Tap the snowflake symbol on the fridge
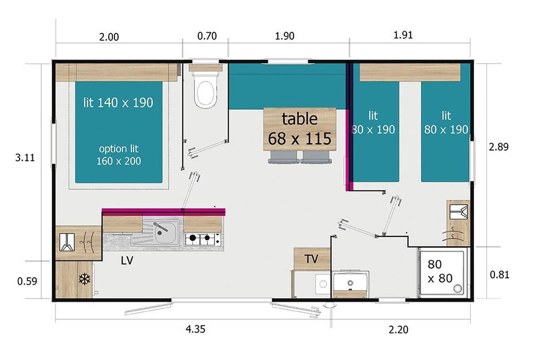85,279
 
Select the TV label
311,259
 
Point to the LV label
127,261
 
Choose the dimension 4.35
195,329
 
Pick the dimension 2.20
399,329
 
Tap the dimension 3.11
25,157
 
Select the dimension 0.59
27,281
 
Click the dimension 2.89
499,147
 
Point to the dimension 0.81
499,275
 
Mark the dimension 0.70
207,36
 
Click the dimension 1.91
403,35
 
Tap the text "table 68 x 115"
300,129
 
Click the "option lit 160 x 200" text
119,155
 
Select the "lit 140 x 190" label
118,103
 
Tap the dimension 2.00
109,37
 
